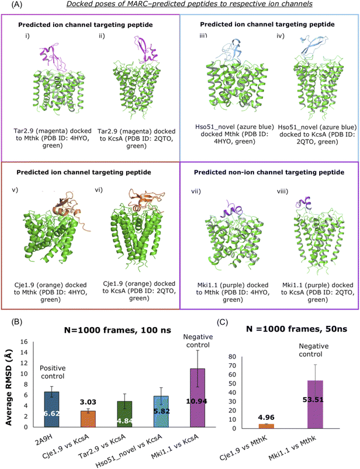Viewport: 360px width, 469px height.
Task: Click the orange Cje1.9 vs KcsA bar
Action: click(x=88, y=419)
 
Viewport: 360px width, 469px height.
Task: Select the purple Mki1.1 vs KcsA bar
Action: click(x=198, y=398)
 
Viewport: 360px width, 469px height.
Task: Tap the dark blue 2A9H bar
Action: click(x=51, y=409)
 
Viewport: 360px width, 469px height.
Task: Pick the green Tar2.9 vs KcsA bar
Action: click(x=124, y=414)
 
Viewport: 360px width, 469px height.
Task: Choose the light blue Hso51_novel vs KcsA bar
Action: click(x=161, y=412)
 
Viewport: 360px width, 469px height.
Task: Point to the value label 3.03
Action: click(x=88, y=402)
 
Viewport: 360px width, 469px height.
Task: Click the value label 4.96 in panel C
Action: click(x=266, y=417)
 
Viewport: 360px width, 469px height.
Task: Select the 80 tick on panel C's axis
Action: click(x=232, y=356)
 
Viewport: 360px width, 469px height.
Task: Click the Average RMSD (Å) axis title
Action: click(x=8, y=387)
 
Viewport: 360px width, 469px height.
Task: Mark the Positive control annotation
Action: click(x=53, y=372)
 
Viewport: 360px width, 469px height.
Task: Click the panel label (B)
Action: click(x=17, y=322)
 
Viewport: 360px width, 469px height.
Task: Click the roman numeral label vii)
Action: click(x=196, y=191)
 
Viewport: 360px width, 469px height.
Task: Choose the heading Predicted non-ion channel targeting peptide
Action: click(x=269, y=172)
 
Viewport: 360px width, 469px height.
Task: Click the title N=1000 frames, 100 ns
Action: click(x=117, y=330)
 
